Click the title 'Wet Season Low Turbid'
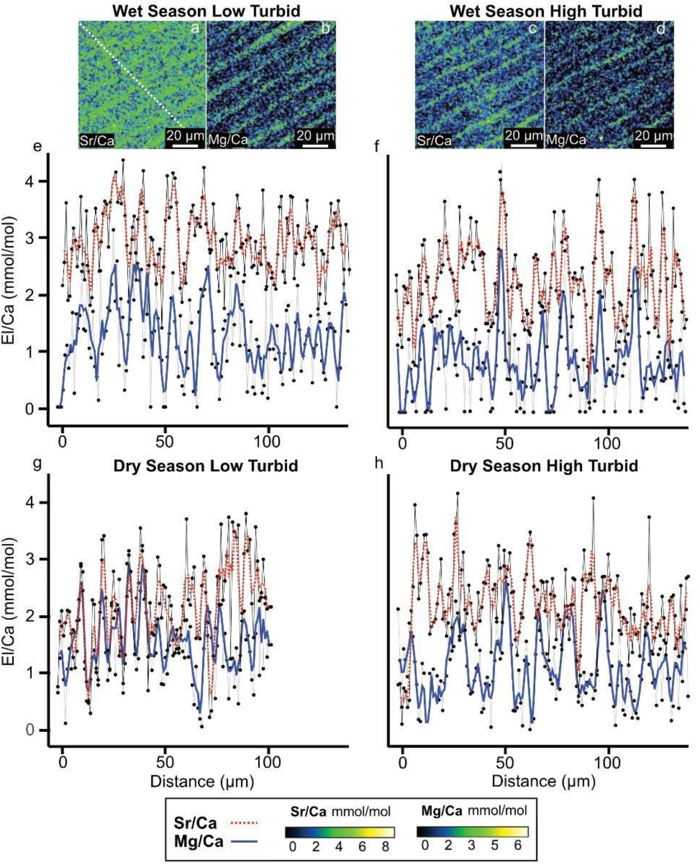(206, 11)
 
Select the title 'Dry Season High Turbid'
(544, 466)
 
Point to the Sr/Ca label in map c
(434, 141)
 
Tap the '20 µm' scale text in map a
(185, 135)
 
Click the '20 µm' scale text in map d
(653, 135)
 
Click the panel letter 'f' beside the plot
(377, 146)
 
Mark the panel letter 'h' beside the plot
(378, 464)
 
